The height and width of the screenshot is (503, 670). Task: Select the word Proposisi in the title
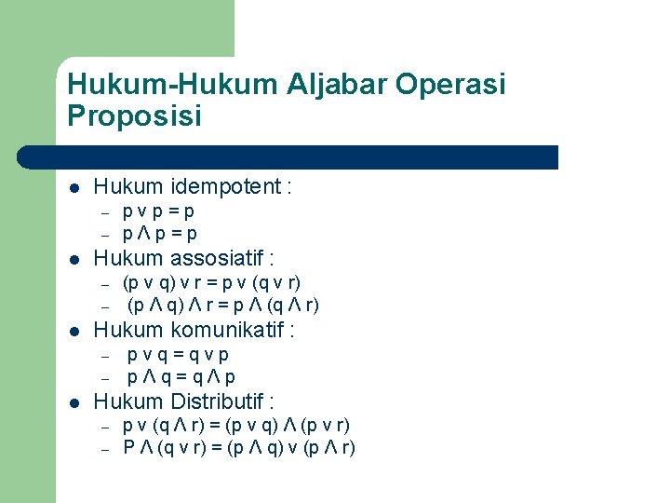135,116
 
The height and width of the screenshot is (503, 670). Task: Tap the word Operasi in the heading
450,85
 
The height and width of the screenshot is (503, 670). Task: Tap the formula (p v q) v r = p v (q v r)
212,281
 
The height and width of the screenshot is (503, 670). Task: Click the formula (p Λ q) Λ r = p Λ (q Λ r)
223,305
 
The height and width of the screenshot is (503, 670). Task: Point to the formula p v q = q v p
179,354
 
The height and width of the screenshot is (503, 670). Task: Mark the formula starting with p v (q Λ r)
236,426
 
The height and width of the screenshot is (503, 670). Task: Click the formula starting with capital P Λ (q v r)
239,448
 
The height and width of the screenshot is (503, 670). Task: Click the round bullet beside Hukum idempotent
75,188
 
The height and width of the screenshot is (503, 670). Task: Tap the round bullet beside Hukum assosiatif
75,259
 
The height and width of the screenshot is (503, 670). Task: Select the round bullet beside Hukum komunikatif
75,331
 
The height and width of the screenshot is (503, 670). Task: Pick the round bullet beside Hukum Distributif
75,402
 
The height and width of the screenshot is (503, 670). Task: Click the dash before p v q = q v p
106,355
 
